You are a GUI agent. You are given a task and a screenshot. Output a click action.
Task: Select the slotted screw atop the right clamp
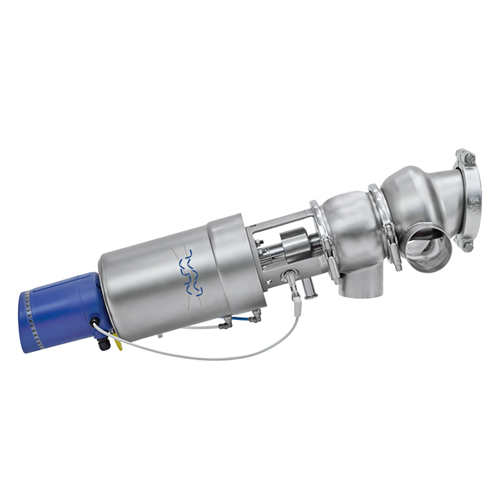(469, 157)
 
